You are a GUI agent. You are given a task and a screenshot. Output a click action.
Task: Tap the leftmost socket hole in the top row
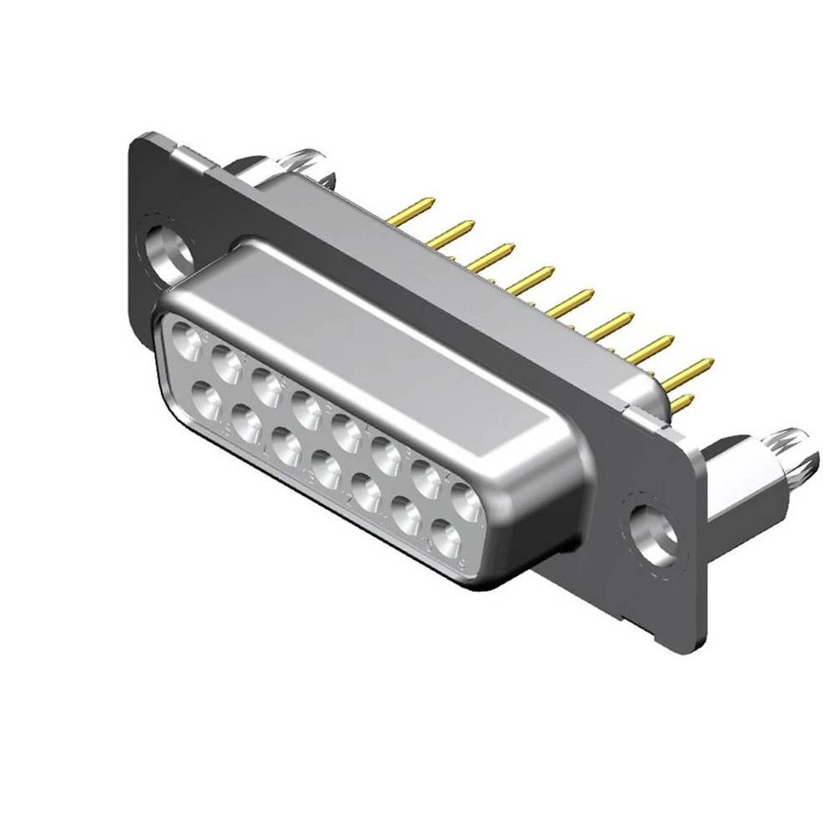186,341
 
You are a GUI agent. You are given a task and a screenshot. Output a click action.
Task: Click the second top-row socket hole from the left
226,363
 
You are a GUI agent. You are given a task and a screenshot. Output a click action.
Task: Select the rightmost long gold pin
694,368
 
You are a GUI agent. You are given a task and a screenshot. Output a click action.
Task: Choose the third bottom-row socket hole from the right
366,492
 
